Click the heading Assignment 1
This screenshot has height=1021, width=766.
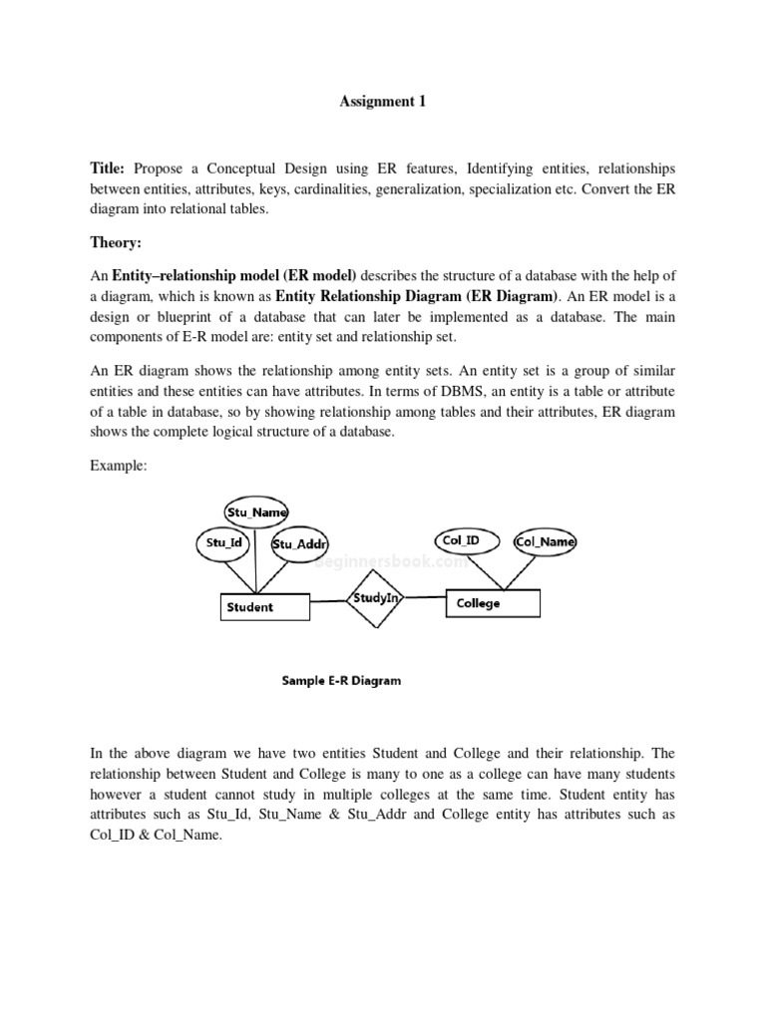(384, 101)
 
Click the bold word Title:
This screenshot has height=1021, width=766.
(110, 169)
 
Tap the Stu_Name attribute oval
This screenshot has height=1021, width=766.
(256, 512)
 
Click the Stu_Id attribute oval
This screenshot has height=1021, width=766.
(224, 543)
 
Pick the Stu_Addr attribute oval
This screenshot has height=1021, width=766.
(300, 544)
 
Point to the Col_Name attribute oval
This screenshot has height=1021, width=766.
(545, 541)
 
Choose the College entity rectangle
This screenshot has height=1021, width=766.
(493, 603)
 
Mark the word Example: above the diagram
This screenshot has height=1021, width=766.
(118, 466)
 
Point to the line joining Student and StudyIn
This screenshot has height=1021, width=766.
(324, 602)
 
